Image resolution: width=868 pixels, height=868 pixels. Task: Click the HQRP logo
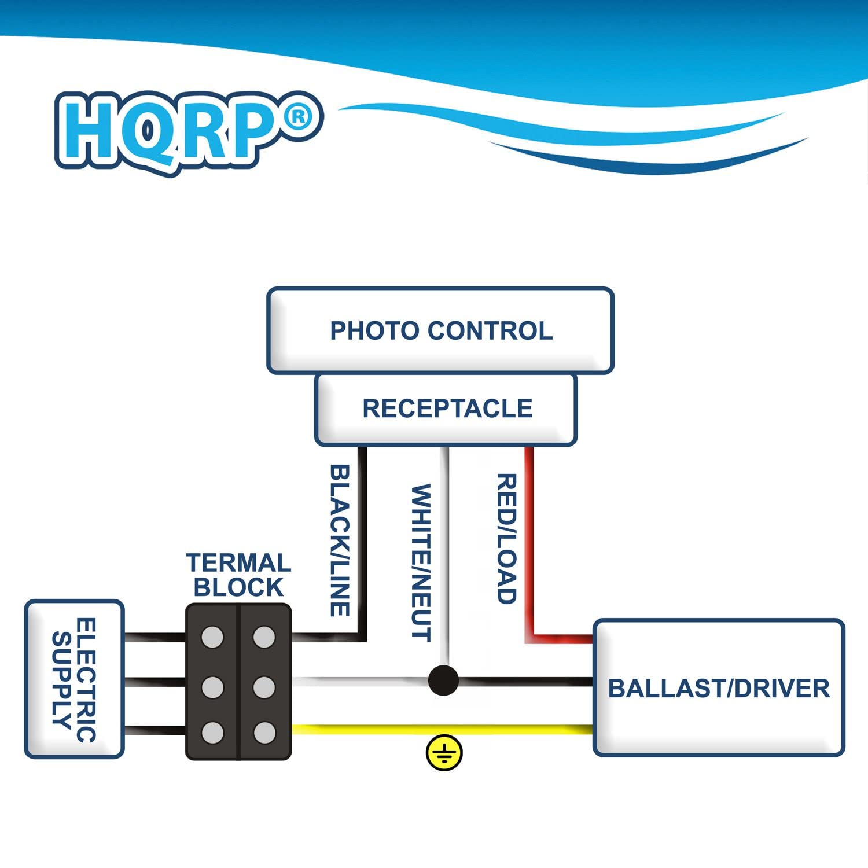coord(174,132)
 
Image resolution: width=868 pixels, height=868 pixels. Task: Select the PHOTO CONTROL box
coord(440,330)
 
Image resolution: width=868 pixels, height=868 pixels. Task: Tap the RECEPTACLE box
coord(446,409)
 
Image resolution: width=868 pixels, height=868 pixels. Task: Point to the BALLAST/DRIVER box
coord(719,688)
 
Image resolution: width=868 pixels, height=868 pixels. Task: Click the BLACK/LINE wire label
coord(340,540)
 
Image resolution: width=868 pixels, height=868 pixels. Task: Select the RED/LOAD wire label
coord(507,538)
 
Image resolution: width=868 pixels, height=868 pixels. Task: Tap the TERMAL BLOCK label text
coord(238,575)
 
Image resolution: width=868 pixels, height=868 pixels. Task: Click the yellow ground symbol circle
coord(444,753)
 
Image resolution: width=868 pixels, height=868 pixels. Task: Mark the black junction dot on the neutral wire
coord(443,681)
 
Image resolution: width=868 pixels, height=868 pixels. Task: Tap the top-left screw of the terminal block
coord(212,637)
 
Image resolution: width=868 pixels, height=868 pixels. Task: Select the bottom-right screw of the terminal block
coord(264,733)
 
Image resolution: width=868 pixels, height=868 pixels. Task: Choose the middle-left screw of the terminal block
coord(212,687)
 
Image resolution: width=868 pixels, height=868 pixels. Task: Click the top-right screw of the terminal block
coord(264,637)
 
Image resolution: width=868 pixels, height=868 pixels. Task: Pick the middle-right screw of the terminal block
coord(264,687)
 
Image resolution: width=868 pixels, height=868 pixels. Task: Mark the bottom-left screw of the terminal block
coord(212,733)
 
